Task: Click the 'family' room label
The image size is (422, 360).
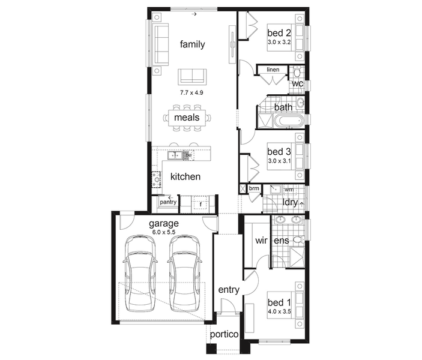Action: (x=192, y=44)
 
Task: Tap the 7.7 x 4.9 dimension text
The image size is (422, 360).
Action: (x=191, y=93)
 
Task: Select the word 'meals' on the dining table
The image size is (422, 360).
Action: (x=187, y=118)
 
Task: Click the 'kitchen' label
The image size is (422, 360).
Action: (x=185, y=176)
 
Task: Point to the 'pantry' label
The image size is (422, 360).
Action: (x=168, y=202)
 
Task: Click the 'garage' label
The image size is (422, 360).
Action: (x=164, y=224)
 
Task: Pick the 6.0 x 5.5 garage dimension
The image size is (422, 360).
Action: (x=164, y=232)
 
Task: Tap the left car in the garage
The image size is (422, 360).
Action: (x=140, y=274)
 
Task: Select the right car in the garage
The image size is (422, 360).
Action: (x=184, y=274)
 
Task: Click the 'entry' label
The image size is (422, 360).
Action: (x=229, y=290)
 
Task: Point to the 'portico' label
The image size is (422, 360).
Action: (x=224, y=334)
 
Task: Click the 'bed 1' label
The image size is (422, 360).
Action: (x=279, y=302)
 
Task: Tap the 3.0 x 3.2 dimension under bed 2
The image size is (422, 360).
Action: (x=279, y=42)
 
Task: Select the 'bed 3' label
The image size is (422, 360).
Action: (x=279, y=152)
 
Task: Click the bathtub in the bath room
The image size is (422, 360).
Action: (x=289, y=121)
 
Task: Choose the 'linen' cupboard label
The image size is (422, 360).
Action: (x=273, y=70)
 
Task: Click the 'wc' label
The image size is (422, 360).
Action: (x=298, y=83)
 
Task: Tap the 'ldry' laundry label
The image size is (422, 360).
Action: (x=290, y=202)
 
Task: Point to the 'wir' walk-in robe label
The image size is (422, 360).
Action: (x=261, y=240)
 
